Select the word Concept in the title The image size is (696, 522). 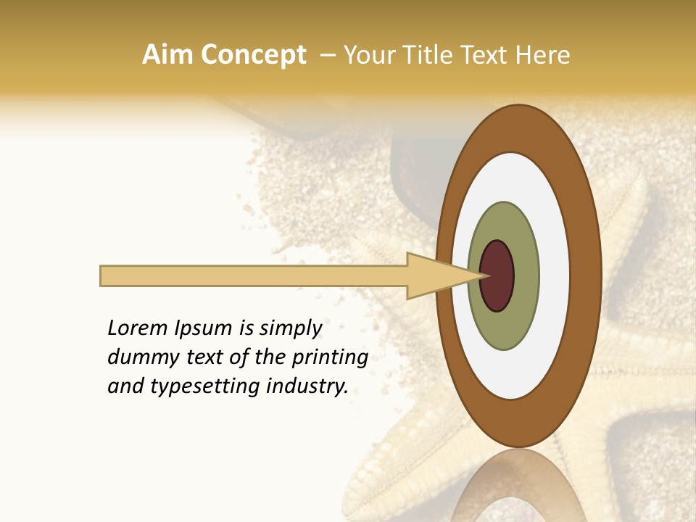pos(253,55)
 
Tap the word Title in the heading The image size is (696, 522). pos(420,55)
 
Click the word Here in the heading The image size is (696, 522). pos(542,55)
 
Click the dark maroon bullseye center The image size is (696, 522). pos(497,275)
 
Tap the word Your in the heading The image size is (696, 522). pos(367,55)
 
